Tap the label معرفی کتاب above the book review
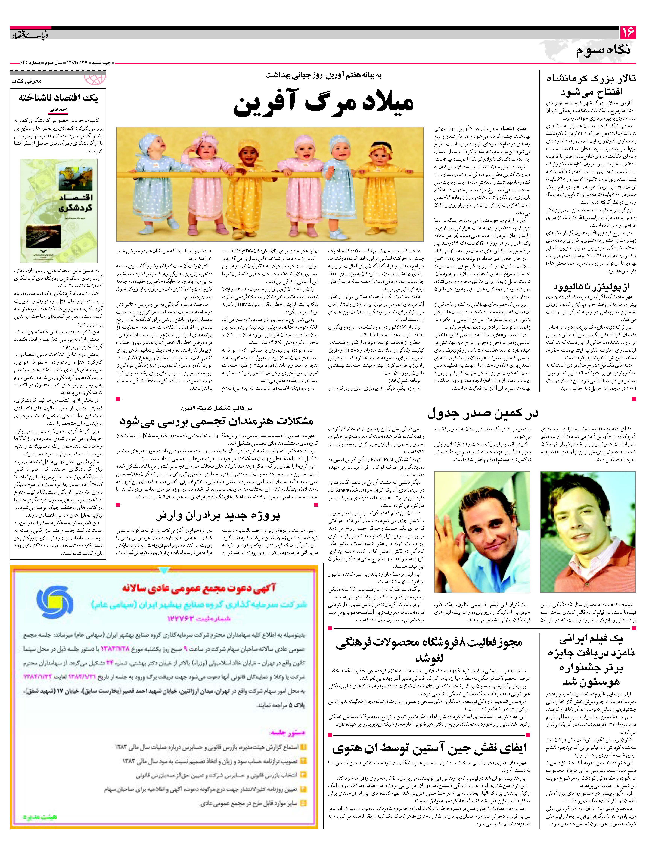pyautogui.click(x=26, y=81)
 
